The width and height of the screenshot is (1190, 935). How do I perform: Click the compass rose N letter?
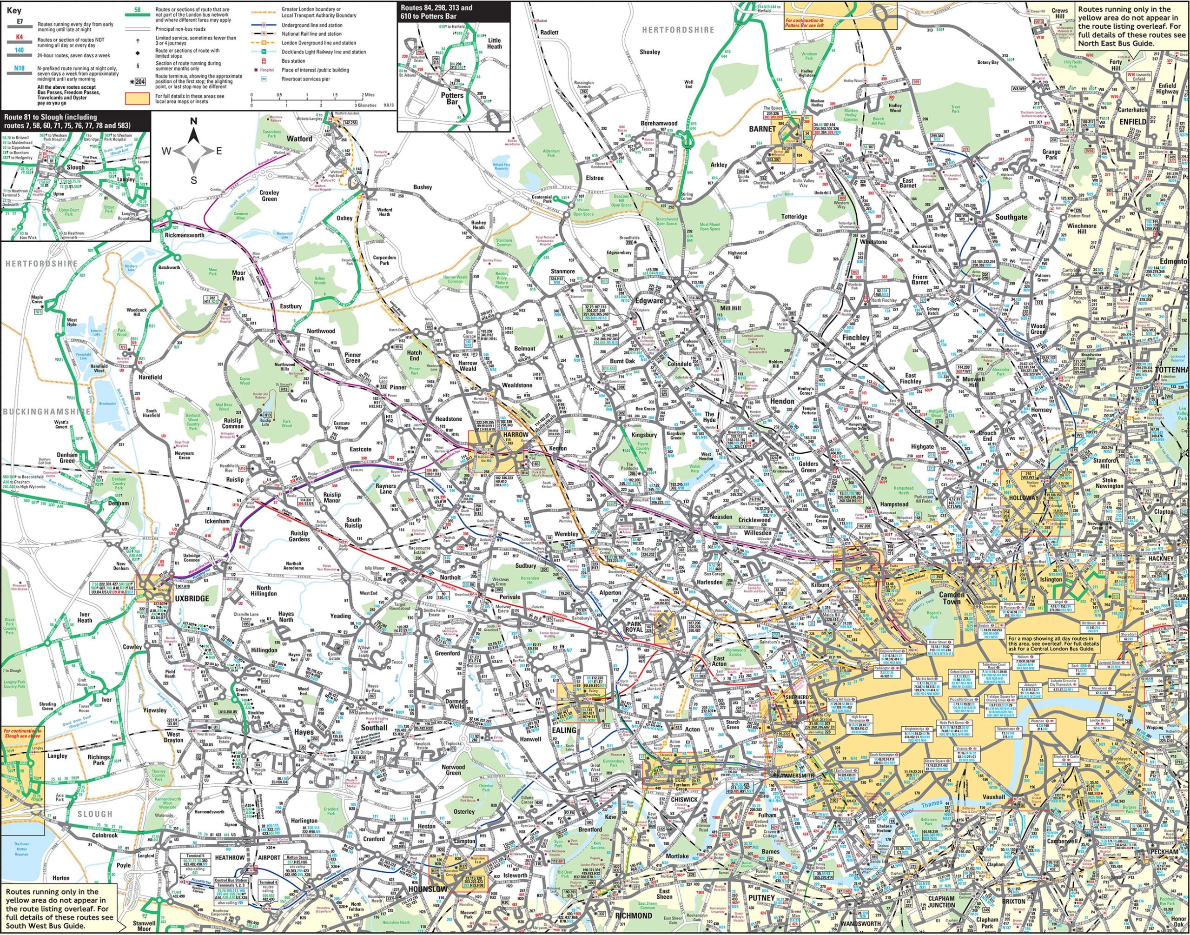pyautogui.click(x=193, y=121)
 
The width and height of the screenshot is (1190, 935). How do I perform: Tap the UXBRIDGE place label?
pyautogui.click(x=191, y=598)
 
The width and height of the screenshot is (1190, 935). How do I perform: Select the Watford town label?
pyautogui.click(x=299, y=139)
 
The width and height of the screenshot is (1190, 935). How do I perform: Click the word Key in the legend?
pyautogui.click(x=14, y=10)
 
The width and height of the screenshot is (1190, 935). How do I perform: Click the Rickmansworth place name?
pyautogui.click(x=185, y=235)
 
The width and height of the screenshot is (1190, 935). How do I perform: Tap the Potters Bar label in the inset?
pyautogui.click(x=452, y=98)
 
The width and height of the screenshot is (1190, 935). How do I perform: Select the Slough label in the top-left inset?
pyautogui.click(x=76, y=167)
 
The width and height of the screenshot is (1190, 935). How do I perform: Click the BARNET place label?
pyautogui.click(x=762, y=129)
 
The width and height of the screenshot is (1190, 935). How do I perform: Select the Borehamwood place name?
pyautogui.click(x=659, y=124)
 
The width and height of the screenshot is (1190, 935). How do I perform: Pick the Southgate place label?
pyautogui.click(x=1011, y=217)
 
